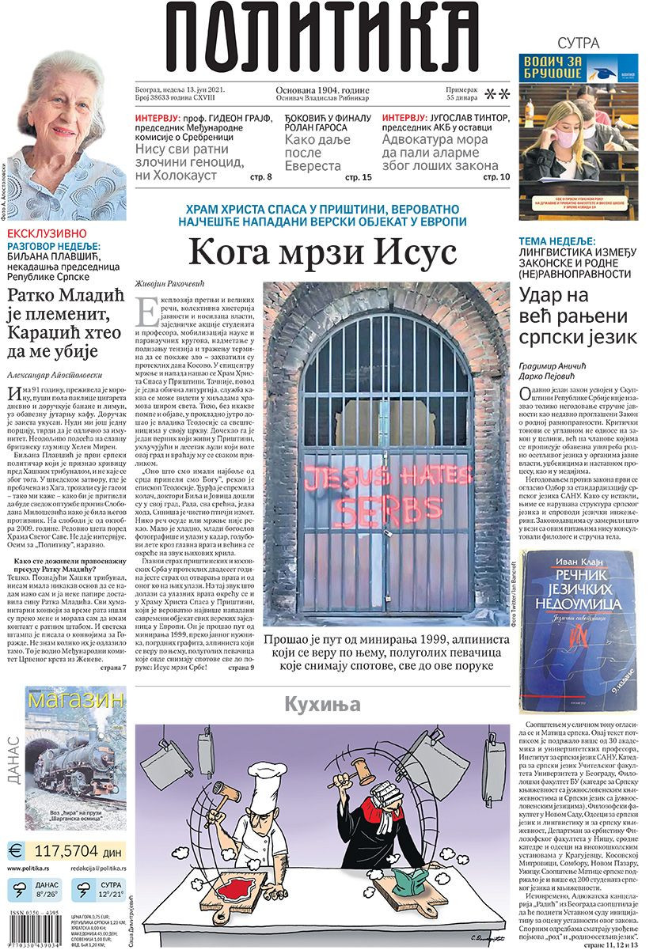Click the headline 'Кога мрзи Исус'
click(x=323, y=254)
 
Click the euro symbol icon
click(x=16, y=851)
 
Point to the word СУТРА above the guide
click(x=579, y=43)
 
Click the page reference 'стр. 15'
click(x=359, y=177)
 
